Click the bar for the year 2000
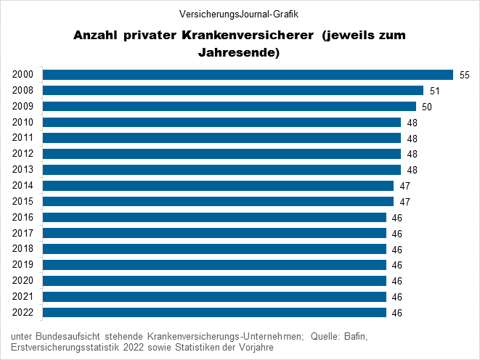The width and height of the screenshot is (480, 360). click(x=248, y=75)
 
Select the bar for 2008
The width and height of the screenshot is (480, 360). click(x=233, y=91)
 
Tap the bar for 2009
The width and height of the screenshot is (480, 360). click(x=229, y=107)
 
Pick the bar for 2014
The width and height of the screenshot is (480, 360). click(x=218, y=186)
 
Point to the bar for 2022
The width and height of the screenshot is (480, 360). click(x=214, y=313)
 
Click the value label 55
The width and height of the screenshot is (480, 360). click(x=465, y=75)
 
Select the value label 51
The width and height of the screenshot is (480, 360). click(x=435, y=91)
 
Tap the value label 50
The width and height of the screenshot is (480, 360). click(x=427, y=107)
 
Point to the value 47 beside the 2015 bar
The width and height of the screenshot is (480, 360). click(x=404, y=202)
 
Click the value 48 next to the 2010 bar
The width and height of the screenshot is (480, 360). click(x=412, y=123)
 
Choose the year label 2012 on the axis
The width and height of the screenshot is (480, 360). click(x=23, y=154)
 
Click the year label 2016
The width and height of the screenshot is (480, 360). click(x=23, y=218)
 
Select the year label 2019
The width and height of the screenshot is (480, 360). click(x=23, y=265)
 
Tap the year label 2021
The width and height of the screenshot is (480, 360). click(x=23, y=297)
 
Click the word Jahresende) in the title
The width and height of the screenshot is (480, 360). click(x=240, y=52)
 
